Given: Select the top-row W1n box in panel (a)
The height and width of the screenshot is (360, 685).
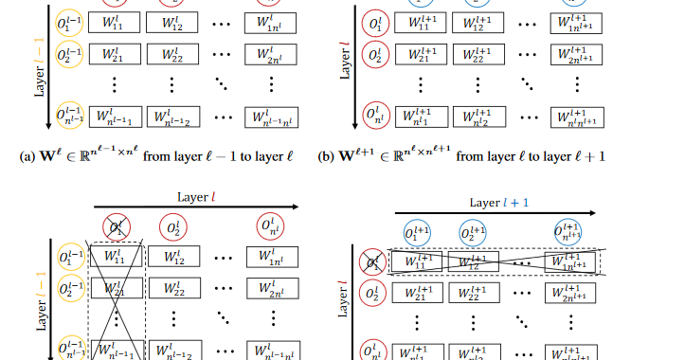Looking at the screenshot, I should pos(269,22).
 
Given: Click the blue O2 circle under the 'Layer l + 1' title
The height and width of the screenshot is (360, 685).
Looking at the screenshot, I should pos(473,233).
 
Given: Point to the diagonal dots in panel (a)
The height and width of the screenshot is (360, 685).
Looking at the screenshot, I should pos(222,86).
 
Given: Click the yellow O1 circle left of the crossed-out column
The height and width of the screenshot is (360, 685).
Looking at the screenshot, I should pos(69,257).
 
